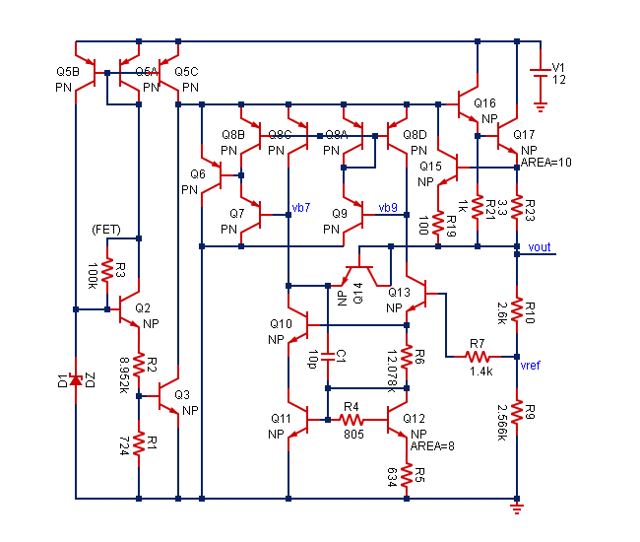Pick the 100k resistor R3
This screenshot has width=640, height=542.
pos(107,270)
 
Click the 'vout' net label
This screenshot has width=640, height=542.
pos(541,246)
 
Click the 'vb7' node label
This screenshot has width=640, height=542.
pos(301,208)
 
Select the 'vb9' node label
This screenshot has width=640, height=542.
pos(388,208)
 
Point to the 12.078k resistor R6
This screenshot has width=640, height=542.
pos(407,365)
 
